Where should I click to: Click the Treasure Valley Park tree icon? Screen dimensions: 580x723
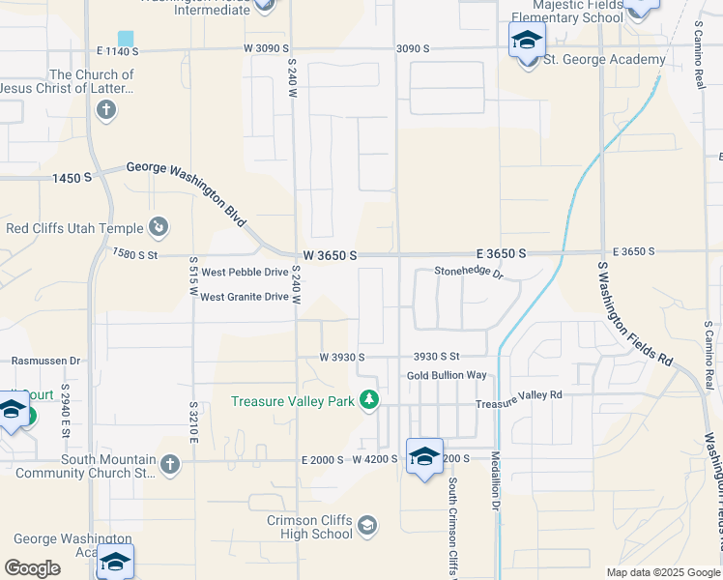click(x=368, y=400)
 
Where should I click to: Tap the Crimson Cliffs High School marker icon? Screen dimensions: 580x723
click(x=366, y=526)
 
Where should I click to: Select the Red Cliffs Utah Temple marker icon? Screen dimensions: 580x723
click(x=159, y=228)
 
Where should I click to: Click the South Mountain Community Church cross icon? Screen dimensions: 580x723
click(x=170, y=465)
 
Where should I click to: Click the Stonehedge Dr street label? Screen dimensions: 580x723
click(x=469, y=273)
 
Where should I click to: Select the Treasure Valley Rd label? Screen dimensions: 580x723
click(x=517, y=394)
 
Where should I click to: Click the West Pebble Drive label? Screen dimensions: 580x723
click(x=245, y=273)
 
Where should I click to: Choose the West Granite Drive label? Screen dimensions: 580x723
click(x=245, y=297)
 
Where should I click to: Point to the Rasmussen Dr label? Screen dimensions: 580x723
click(x=45, y=360)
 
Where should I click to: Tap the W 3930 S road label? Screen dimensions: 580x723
click(x=342, y=357)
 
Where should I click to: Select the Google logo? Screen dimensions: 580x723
click(x=32, y=568)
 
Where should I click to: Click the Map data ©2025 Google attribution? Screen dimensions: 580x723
click(x=662, y=572)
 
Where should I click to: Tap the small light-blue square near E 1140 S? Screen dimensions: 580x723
click(x=126, y=37)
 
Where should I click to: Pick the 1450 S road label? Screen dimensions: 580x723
click(x=72, y=178)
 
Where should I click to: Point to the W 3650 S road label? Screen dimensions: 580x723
click(x=331, y=255)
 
